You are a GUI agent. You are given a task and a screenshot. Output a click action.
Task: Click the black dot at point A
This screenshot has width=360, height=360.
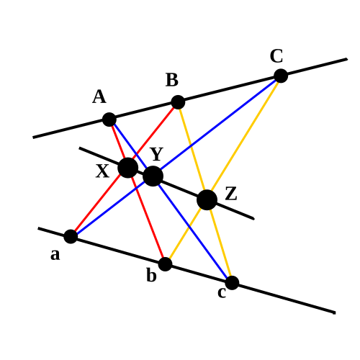[109, 120]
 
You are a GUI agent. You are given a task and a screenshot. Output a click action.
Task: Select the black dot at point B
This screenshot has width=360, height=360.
[178, 102]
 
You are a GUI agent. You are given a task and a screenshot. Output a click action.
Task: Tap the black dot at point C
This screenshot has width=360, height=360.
[281, 76]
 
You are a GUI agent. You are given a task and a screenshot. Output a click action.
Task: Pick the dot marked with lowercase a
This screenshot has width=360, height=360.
[71, 236]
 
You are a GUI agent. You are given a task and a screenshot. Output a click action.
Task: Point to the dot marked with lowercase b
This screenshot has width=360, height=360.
[166, 264]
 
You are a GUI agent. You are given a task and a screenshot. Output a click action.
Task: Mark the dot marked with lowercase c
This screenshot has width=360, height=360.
[232, 283]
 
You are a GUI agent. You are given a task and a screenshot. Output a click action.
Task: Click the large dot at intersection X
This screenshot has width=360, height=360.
[128, 168]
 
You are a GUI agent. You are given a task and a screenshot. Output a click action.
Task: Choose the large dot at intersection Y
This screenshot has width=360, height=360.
[153, 176]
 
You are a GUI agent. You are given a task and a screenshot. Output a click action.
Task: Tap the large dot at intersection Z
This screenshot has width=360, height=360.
[207, 200]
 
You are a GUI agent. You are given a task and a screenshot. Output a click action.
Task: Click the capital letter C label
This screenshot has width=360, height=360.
[276, 56]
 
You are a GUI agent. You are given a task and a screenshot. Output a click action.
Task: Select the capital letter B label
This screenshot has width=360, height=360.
[172, 80]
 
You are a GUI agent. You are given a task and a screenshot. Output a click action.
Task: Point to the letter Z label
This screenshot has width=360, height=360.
[231, 194]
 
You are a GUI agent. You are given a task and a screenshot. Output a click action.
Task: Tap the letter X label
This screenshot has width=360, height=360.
[102, 171]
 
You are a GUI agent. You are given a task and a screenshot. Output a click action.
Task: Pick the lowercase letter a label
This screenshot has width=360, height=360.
[55, 255]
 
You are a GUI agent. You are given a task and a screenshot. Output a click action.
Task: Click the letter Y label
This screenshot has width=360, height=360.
[157, 154]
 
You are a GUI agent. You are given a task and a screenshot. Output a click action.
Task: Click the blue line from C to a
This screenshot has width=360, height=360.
[176, 156]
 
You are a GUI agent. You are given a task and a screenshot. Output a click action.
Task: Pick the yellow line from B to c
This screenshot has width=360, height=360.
[205, 192]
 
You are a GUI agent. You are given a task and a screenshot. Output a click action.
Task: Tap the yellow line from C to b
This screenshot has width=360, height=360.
[223, 170]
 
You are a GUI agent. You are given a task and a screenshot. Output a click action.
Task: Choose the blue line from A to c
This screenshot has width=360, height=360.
[171, 201]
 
